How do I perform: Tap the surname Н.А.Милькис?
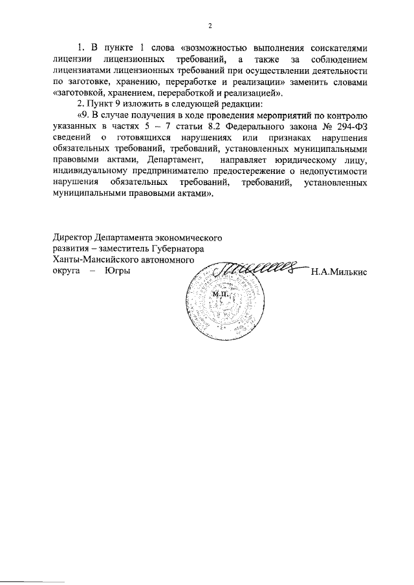339,273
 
